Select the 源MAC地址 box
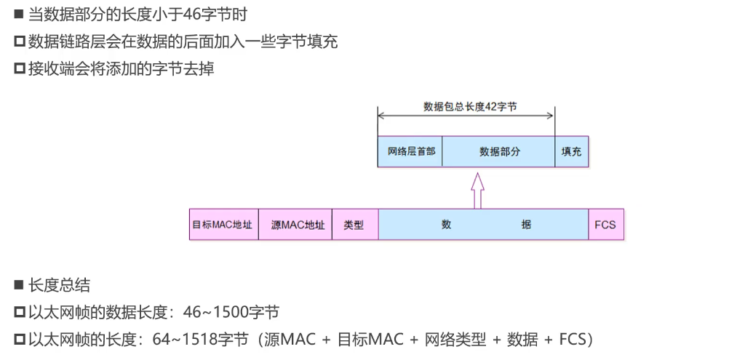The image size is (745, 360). click(295, 225)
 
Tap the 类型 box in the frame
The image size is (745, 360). click(354, 225)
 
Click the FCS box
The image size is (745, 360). click(605, 225)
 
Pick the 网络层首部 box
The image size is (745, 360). click(410, 152)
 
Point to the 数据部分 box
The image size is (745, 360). click(499, 152)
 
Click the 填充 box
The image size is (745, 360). click(571, 152)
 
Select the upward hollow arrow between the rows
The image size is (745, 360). click(477, 191)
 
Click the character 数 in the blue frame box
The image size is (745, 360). click(446, 225)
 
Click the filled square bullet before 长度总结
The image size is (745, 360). click(19, 285)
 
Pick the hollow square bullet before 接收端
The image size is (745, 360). click(19, 69)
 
